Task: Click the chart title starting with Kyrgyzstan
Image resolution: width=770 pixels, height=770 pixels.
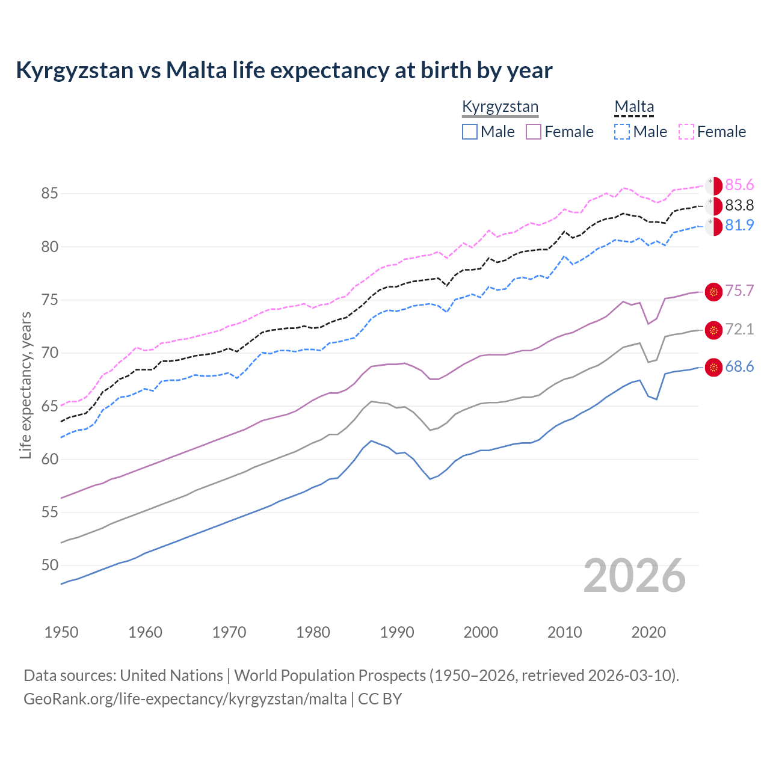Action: pos(284,70)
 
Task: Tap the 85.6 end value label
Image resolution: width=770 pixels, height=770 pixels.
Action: pos(739,185)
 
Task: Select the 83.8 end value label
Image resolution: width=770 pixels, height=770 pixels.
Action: pos(739,206)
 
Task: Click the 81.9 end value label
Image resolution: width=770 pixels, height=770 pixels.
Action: pos(739,225)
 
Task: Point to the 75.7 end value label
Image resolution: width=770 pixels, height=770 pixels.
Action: pos(739,291)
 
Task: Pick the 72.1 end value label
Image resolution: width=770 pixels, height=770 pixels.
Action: pos(739,329)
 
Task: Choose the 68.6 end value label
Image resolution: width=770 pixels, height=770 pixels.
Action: pos(739,367)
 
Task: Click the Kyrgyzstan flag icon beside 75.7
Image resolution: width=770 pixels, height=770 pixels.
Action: pos(713,292)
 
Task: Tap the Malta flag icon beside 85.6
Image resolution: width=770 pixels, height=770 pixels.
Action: pos(713,186)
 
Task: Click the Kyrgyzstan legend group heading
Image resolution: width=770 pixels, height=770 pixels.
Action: pos(500,107)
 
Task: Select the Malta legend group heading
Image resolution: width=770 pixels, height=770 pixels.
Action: pos(634,107)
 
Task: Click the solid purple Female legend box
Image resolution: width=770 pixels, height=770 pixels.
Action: pos(534,132)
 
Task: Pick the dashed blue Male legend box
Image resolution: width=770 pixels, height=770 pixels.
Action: pos(622,132)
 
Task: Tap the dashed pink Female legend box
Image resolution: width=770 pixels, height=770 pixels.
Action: pos(686,132)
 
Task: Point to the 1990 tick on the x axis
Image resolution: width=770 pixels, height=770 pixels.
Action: pos(397,632)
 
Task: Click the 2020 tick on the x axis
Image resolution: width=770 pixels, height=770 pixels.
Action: pos(648,632)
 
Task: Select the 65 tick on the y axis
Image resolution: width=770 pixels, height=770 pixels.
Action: pos(49,406)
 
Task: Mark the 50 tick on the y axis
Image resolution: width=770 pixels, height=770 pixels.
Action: pos(49,565)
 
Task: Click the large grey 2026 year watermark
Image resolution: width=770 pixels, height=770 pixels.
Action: pos(635,576)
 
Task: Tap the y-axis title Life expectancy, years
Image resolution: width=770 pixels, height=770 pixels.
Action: pos(25,385)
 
